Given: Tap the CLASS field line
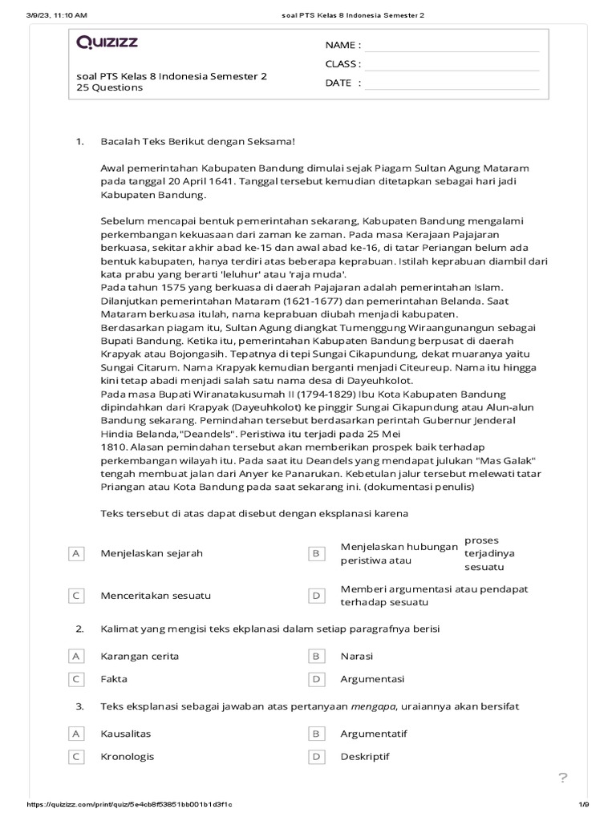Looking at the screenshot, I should coord(452,64).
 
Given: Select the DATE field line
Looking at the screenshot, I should coord(452,83).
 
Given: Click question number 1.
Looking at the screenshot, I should coord(79,142).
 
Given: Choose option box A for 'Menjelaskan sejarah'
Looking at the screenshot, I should coord(77,553).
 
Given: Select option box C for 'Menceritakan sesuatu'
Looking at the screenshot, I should coord(77,596).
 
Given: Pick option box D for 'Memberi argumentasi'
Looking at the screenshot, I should coord(316,596).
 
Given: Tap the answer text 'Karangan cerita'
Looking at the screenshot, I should coord(140,656).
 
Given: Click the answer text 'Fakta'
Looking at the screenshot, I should coord(114,679).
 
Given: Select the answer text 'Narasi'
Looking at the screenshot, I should coord(357,656).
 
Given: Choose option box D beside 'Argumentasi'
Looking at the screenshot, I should coord(316,679).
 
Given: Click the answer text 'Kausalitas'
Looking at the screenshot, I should coord(126,734).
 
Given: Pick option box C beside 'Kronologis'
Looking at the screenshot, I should coord(77,756).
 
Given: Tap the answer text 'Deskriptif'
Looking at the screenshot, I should coord(365,756).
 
